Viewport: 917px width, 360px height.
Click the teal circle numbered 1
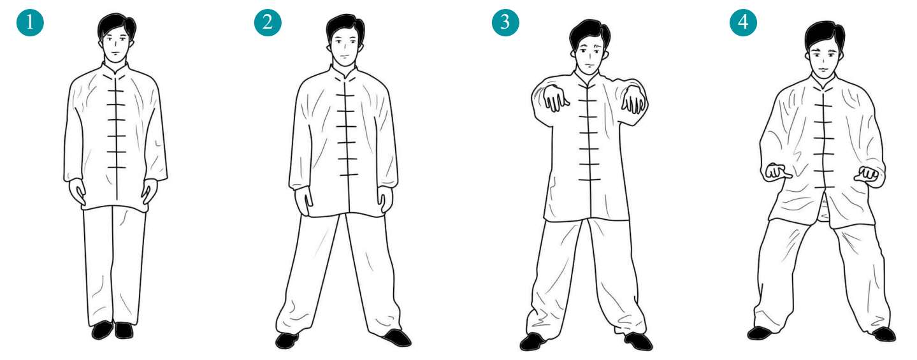[x=30, y=22]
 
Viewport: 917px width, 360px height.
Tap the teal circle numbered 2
[x=268, y=22]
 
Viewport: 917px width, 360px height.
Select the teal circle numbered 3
[x=505, y=22]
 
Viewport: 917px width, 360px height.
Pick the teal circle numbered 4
[x=744, y=22]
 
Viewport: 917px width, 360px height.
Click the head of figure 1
[x=117, y=39]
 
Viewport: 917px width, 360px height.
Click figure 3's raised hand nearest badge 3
[x=554, y=98]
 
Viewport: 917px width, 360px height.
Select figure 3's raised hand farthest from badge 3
[x=633, y=98]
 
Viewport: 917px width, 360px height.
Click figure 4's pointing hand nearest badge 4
[x=777, y=173]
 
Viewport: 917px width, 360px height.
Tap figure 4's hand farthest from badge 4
[x=867, y=174]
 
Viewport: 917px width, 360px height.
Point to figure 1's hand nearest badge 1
[x=77, y=192]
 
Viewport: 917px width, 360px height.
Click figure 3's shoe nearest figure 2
[x=533, y=342]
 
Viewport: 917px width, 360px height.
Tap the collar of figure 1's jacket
[x=115, y=69]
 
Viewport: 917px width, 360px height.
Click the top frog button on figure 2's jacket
[x=345, y=96]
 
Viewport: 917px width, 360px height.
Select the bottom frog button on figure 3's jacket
[x=589, y=180]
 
